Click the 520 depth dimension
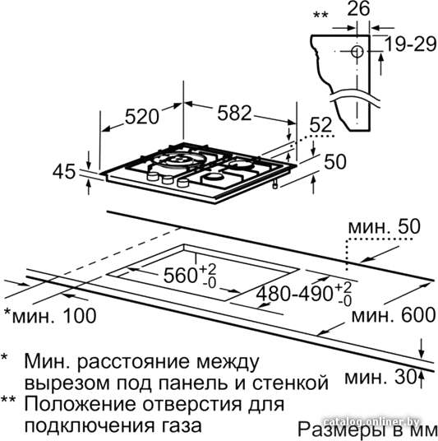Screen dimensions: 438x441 pyautogui.click(x=142, y=117)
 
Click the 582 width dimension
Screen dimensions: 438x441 pyautogui.click(x=234, y=113)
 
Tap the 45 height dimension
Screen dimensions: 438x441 pyautogui.click(x=64, y=172)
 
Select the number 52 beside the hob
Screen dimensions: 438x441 pyautogui.click(x=320, y=124)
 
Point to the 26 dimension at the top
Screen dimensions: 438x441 pyautogui.click(x=358, y=9)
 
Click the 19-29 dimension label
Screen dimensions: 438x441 pyautogui.click(x=410, y=44)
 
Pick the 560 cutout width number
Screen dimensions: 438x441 pyautogui.click(x=180, y=276)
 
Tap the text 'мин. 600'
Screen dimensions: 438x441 pyautogui.click(x=394, y=315)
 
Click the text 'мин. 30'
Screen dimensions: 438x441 pyautogui.click(x=380, y=378)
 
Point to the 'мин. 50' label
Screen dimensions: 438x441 pyautogui.click(x=385, y=227)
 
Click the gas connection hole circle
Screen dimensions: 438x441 pyautogui.click(x=357, y=52)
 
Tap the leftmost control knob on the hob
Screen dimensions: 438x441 pyautogui.click(x=153, y=176)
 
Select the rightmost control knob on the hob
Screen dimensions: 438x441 pyautogui.click(x=183, y=183)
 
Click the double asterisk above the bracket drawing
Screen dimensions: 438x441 pyautogui.click(x=320, y=15)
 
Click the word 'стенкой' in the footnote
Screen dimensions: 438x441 pyautogui.click(x=290, y=383)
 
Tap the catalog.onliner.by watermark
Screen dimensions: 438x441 pyautogui.click(x=371, y=422)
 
